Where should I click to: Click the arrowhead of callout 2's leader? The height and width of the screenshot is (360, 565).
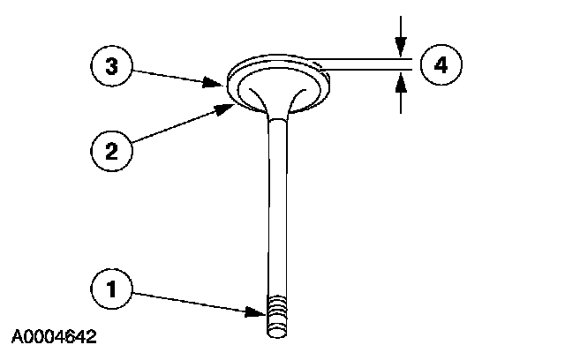pos(229,107)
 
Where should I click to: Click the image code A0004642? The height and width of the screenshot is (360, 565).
pos(54,337)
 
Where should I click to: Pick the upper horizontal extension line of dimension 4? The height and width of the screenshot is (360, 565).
pos(362,58)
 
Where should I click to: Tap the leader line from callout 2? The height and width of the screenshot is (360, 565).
pos(177,126)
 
